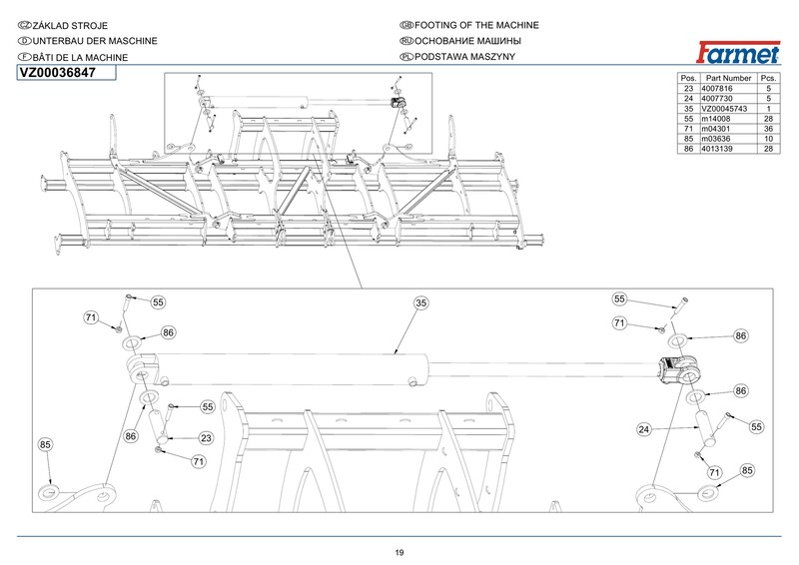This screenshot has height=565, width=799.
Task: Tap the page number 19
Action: point(399,552)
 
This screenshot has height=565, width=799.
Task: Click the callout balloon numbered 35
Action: point(420,301)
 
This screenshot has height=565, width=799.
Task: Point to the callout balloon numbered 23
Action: point(205,437)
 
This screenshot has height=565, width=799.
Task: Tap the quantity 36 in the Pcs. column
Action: point(768,129)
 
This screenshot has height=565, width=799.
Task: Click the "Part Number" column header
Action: point(727,77)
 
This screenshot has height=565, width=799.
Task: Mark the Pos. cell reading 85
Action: point(688,139)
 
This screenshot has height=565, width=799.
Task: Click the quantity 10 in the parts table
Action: point(768,139)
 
